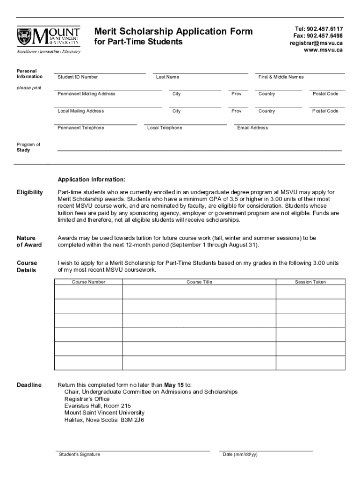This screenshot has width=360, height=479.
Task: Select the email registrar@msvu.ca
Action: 316,43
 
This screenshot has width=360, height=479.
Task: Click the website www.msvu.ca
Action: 323,50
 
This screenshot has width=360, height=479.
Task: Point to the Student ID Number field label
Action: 78,77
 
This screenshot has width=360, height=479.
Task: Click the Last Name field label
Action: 167,77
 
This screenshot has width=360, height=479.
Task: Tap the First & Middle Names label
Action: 281,77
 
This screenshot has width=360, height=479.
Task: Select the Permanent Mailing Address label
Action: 86,94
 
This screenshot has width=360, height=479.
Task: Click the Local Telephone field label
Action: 165,128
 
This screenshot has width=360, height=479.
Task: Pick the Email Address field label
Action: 252,128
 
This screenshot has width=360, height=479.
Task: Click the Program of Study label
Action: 29,147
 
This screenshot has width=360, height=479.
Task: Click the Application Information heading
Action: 91,180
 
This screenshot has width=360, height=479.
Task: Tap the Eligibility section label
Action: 30,192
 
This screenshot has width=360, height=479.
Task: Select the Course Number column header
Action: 88,282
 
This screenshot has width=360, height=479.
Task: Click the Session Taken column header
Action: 310,282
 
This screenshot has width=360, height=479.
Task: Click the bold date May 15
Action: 174,385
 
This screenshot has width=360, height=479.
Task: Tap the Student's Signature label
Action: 79,455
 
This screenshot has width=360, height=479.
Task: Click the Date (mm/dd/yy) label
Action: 240,455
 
